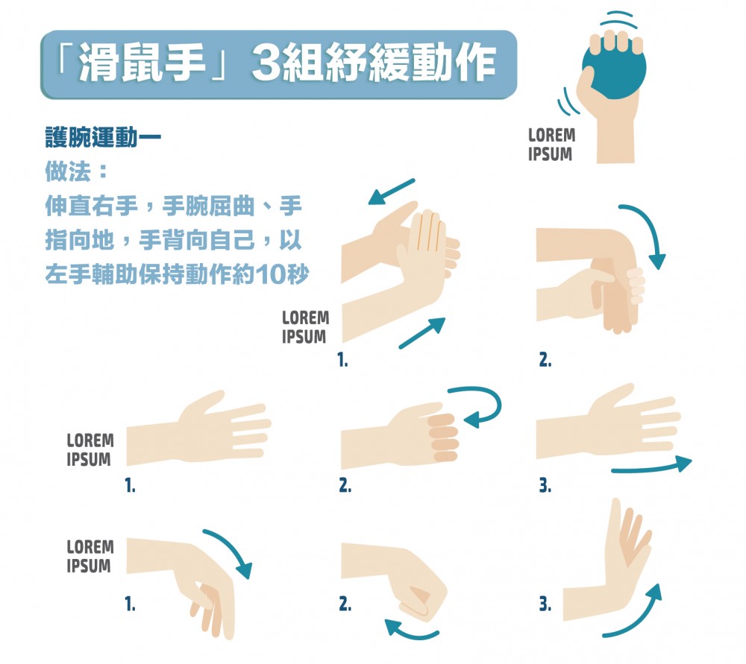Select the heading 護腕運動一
103,139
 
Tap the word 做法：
76,172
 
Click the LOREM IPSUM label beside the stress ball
551,145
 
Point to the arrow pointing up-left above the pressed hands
392,191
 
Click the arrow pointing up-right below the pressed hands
422,332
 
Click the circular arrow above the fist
477,405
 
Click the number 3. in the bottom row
545,605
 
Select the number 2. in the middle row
345,486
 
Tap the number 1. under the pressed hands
342,361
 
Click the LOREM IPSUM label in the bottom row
90,557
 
